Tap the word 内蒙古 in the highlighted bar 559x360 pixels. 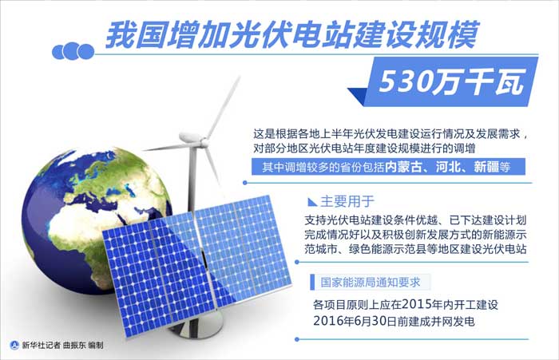pyautogui.click(x=402, y=167)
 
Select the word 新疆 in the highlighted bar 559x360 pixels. pyautogui.click(x=486, y=167)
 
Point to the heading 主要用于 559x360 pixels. pyautogui.click(x=347, y=201)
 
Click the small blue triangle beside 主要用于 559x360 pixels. pyautogui.click(x=312, y=202)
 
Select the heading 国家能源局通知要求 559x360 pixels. pyautogui.click(x=371, y=283)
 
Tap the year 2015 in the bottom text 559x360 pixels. pyautogui.click(x=416, y=304)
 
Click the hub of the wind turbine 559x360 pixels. pyautogui.click(x=192, y=137)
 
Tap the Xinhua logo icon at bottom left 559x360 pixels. pyautogui.click(x=14, y=345)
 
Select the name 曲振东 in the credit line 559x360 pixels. pyautogui.click(x=74, y=345)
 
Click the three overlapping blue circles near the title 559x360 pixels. pyautogui.click(x=73, y=51)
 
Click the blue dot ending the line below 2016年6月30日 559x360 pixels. pyautogui.click(x=297, y=339)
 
